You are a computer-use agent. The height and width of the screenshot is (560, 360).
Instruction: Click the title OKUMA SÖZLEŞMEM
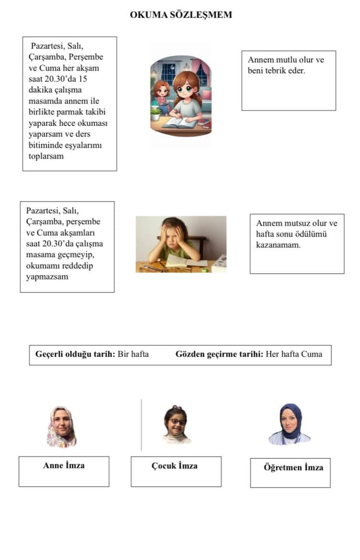point(181,15)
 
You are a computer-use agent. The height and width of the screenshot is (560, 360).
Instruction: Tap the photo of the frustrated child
point(181,244)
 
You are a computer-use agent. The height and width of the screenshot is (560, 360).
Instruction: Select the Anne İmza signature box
point(64,471)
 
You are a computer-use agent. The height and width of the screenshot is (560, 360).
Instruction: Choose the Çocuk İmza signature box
point(175,471)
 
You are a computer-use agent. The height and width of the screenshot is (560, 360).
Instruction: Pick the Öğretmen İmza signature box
point(290,472)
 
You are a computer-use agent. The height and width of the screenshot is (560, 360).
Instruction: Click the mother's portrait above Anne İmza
point(61,427)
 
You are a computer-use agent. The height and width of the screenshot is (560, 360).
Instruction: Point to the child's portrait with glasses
point(176,425)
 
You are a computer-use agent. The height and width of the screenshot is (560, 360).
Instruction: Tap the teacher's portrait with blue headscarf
point(290,424)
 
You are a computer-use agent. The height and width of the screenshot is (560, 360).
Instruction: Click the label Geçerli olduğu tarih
point(75,354)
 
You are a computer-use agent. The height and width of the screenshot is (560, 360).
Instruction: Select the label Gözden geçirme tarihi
point(219,354)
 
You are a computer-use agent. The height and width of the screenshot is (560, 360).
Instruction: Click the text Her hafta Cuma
point(294,354)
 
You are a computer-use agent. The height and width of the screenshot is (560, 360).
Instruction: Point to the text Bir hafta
point(133,354)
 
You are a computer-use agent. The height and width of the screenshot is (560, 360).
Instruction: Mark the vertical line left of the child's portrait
point(141,425)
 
